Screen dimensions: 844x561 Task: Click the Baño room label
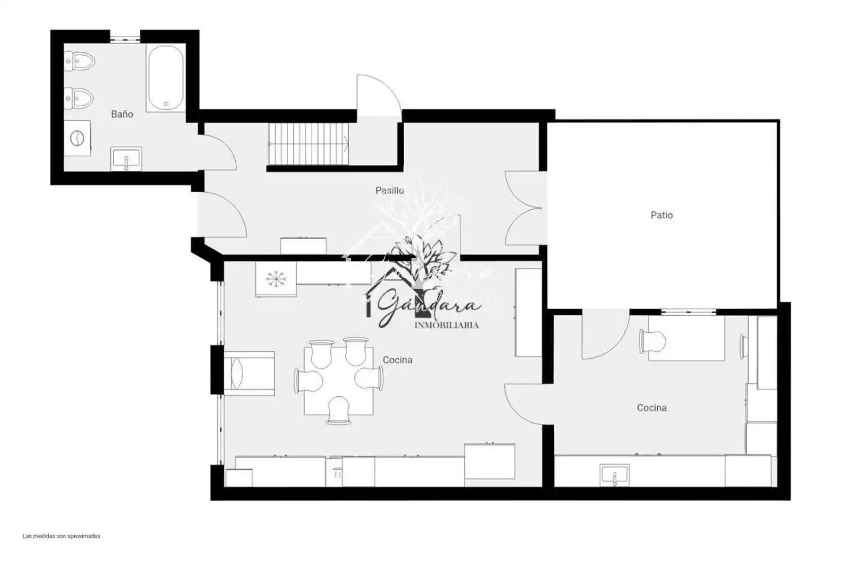[122, 114]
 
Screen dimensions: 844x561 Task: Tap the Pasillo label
[389, 191]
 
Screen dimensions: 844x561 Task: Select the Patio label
[662, 215]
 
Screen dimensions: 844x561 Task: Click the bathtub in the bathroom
[166, 78]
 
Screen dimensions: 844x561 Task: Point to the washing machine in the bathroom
[77, 138]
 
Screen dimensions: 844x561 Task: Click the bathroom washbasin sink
[126, 159]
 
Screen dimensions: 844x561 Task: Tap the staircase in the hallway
[308, 144]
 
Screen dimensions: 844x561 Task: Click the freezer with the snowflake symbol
[276, 279]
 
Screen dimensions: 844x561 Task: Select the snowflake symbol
[276, 279]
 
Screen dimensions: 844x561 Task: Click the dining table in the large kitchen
[339, 381]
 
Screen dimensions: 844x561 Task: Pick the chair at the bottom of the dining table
[339, 410]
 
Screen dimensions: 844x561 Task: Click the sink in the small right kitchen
[614, 475]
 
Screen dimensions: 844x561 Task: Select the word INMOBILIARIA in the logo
[447, 325]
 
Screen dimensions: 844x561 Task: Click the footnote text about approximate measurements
[62, 536]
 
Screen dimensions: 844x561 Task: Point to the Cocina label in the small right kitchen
[652, 408]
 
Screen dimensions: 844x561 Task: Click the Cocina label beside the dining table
[397, 360]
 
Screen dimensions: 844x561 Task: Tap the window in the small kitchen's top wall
[688, 312]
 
